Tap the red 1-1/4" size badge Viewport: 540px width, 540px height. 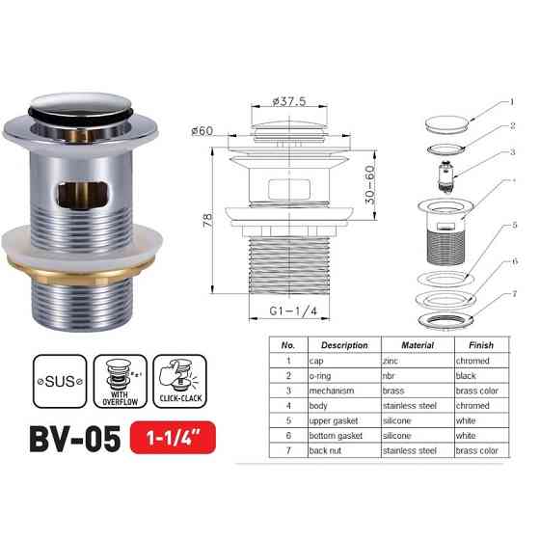174,440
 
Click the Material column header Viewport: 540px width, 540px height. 416,345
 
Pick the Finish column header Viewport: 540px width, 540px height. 481,345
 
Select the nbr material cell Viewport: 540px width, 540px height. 394,377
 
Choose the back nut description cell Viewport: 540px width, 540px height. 329,450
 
